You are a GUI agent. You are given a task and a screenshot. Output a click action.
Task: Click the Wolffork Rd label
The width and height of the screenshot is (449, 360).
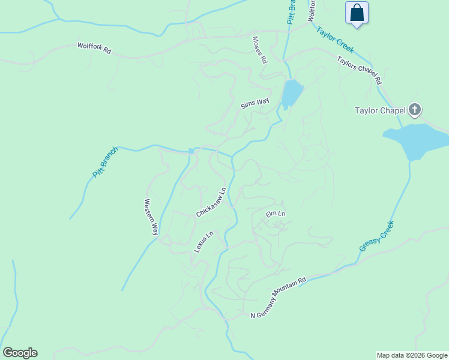[95, 49]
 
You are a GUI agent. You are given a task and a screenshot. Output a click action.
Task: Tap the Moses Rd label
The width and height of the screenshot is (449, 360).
[259, 50]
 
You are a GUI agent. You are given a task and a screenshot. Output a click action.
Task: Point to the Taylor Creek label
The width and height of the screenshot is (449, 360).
[335, 40]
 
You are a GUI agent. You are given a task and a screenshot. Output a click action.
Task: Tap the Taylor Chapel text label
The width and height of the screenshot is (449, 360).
[380, 110]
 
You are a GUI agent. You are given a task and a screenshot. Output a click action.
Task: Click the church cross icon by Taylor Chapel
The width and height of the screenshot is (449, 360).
[414, 110]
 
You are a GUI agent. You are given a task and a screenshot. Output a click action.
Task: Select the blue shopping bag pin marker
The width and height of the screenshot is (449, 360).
[357, 13]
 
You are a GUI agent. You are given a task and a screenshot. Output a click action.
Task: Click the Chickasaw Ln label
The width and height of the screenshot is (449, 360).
[211, 203]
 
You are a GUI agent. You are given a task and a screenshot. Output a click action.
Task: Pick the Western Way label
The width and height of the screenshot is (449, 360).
[151, 217]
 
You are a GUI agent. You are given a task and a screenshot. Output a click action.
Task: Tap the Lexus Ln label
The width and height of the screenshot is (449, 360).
[203, 242]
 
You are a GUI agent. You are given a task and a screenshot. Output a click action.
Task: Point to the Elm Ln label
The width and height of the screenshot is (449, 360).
[276, 214]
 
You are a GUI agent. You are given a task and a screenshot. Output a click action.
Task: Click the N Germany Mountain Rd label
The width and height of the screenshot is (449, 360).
[279, 298]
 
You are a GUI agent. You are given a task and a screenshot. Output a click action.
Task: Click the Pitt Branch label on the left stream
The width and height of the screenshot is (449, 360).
[106, 162]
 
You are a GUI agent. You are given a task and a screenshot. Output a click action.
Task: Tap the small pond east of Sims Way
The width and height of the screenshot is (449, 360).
[292, 93]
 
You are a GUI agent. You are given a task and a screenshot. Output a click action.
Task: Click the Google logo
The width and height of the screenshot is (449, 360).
[20, 353]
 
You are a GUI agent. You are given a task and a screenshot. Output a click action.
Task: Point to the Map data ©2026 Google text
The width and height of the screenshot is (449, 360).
[412, 355]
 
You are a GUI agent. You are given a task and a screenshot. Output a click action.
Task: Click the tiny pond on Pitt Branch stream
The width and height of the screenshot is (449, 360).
[191, 151]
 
